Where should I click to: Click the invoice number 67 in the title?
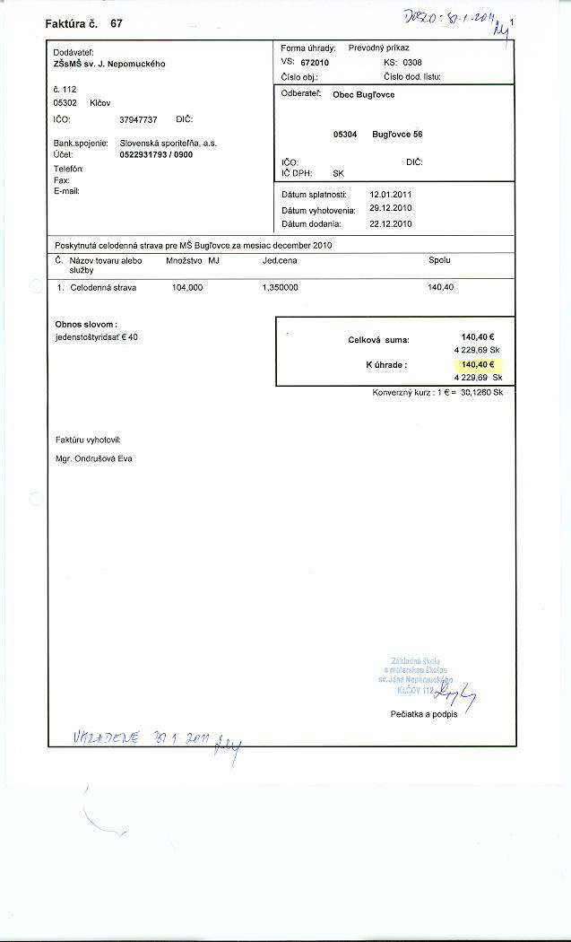117,23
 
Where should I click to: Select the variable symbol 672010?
315,64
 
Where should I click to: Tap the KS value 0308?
411,63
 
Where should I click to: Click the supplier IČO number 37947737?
138,119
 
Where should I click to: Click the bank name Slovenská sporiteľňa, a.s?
169,143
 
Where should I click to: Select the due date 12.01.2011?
391,194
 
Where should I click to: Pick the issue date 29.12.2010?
391,208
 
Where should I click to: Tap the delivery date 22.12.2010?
391,223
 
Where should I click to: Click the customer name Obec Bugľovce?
363,94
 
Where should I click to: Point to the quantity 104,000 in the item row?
187,287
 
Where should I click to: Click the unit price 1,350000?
280,287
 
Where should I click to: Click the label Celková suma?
378,340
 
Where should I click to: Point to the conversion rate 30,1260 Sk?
482,392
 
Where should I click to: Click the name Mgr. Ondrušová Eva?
93,459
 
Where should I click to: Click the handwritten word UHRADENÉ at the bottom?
104,737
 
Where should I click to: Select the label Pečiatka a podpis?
424,714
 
